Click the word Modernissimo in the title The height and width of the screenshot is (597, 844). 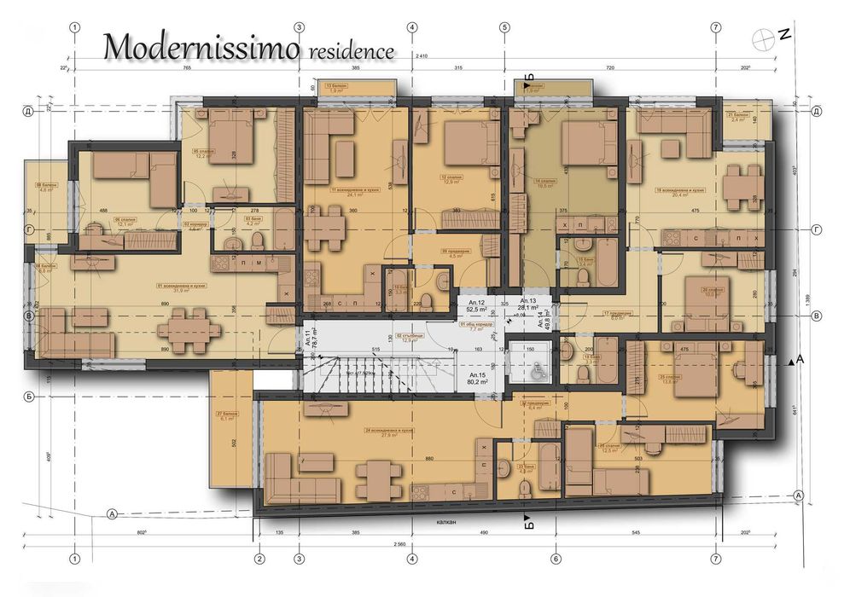201,48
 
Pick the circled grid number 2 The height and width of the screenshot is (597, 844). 258,559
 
